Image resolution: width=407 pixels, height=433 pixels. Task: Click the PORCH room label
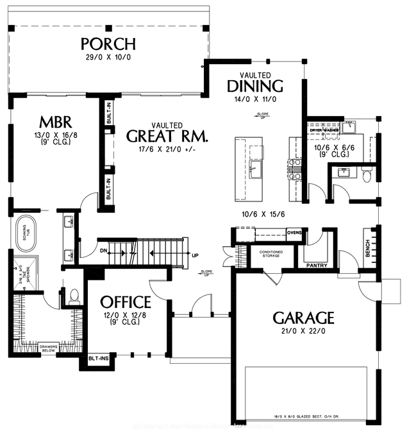(x=108, y=44)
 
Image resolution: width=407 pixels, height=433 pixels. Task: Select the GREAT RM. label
(x=167, y=136)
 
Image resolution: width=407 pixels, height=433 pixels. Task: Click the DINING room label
(x=255, y=86)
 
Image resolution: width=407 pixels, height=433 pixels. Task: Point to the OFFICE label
(x=126, y=302)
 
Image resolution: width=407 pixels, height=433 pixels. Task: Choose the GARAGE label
(x=304, y=318)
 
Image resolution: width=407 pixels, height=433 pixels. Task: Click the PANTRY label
(x=317, y=265)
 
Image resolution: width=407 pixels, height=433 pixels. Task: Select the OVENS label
(x=294, y=232)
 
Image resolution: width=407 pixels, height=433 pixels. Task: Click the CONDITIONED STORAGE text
(x=271, y=254)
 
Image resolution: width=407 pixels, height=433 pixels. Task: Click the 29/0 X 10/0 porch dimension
(x=108, y=58)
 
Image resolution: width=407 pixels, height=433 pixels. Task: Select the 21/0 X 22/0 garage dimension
(x=304, y=332)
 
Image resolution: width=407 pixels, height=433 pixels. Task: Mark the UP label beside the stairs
(x=195, y=255)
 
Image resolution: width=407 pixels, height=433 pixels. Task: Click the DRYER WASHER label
(x=324, y=130)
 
